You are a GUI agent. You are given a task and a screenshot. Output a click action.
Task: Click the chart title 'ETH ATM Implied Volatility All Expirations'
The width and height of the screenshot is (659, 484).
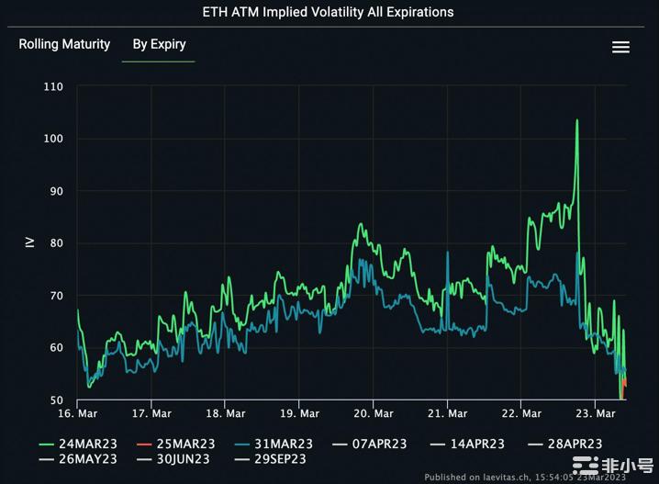[x=328, y=12]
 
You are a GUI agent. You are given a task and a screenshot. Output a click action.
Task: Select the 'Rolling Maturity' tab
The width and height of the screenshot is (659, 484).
[x=64, y=44]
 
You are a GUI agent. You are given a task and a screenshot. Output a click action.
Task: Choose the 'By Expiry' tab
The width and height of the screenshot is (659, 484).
[x=159, y=44]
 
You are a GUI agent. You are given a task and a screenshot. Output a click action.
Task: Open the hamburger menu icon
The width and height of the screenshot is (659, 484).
[x=620, y=47]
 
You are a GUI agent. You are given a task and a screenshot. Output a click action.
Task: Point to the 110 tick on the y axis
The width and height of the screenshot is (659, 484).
[x=53, y=86]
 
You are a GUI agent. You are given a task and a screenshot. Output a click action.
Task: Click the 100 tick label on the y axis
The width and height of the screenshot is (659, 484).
[x=53, y=139]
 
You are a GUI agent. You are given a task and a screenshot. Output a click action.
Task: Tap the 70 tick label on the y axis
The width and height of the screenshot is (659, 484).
[x=56, y=296]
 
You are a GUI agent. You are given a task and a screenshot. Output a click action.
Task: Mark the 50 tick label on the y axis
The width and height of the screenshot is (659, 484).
[x=56, y=400]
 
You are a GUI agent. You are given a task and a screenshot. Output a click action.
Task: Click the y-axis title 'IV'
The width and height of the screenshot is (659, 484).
[x=29, y=242]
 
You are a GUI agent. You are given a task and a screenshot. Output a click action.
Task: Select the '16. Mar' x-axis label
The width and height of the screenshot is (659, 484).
[x=77, y=414]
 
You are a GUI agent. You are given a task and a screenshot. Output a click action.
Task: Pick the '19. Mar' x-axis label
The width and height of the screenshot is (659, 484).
[x=299, y=414]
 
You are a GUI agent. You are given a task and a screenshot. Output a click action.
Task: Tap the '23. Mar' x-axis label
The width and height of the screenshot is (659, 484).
[x=595, y=414]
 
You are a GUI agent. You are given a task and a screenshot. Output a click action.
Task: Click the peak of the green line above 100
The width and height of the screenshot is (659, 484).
[x=577, y=120]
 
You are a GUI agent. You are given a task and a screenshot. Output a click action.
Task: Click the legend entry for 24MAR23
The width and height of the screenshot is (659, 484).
[x=77, y=444]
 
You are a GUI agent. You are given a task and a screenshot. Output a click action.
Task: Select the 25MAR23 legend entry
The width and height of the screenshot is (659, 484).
[x=175, y=444]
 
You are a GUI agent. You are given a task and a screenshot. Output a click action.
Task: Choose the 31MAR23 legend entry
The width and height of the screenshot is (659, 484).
[x=274, y=444]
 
